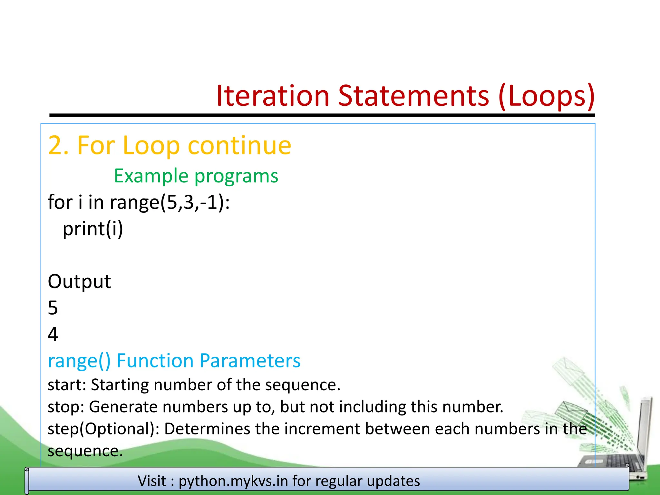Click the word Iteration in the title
pyautogui.click(x=272, y=96)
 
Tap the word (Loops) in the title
pyautogui.click(x=546, y=96)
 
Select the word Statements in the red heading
pyautogui.click(x=413, y=96)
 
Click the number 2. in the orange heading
pyautogui.click(x=58, y=146)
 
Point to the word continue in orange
pyautogui.click(x=239, y=146)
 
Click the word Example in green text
pyautogui.click(x=151, y=176)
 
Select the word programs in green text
pyautogui.click(x=236, y=177)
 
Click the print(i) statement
pyautogui.click(x=93, y=229)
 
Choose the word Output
pyautogui.click(x=79, y=281)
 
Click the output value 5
pyautogui.click(x=53, y=308)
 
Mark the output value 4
pyautogui.click(x=53, y=334)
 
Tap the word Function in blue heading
pyautogui.click(x=155, y=360)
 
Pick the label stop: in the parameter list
pyautogui.click(x=66, y=407)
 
